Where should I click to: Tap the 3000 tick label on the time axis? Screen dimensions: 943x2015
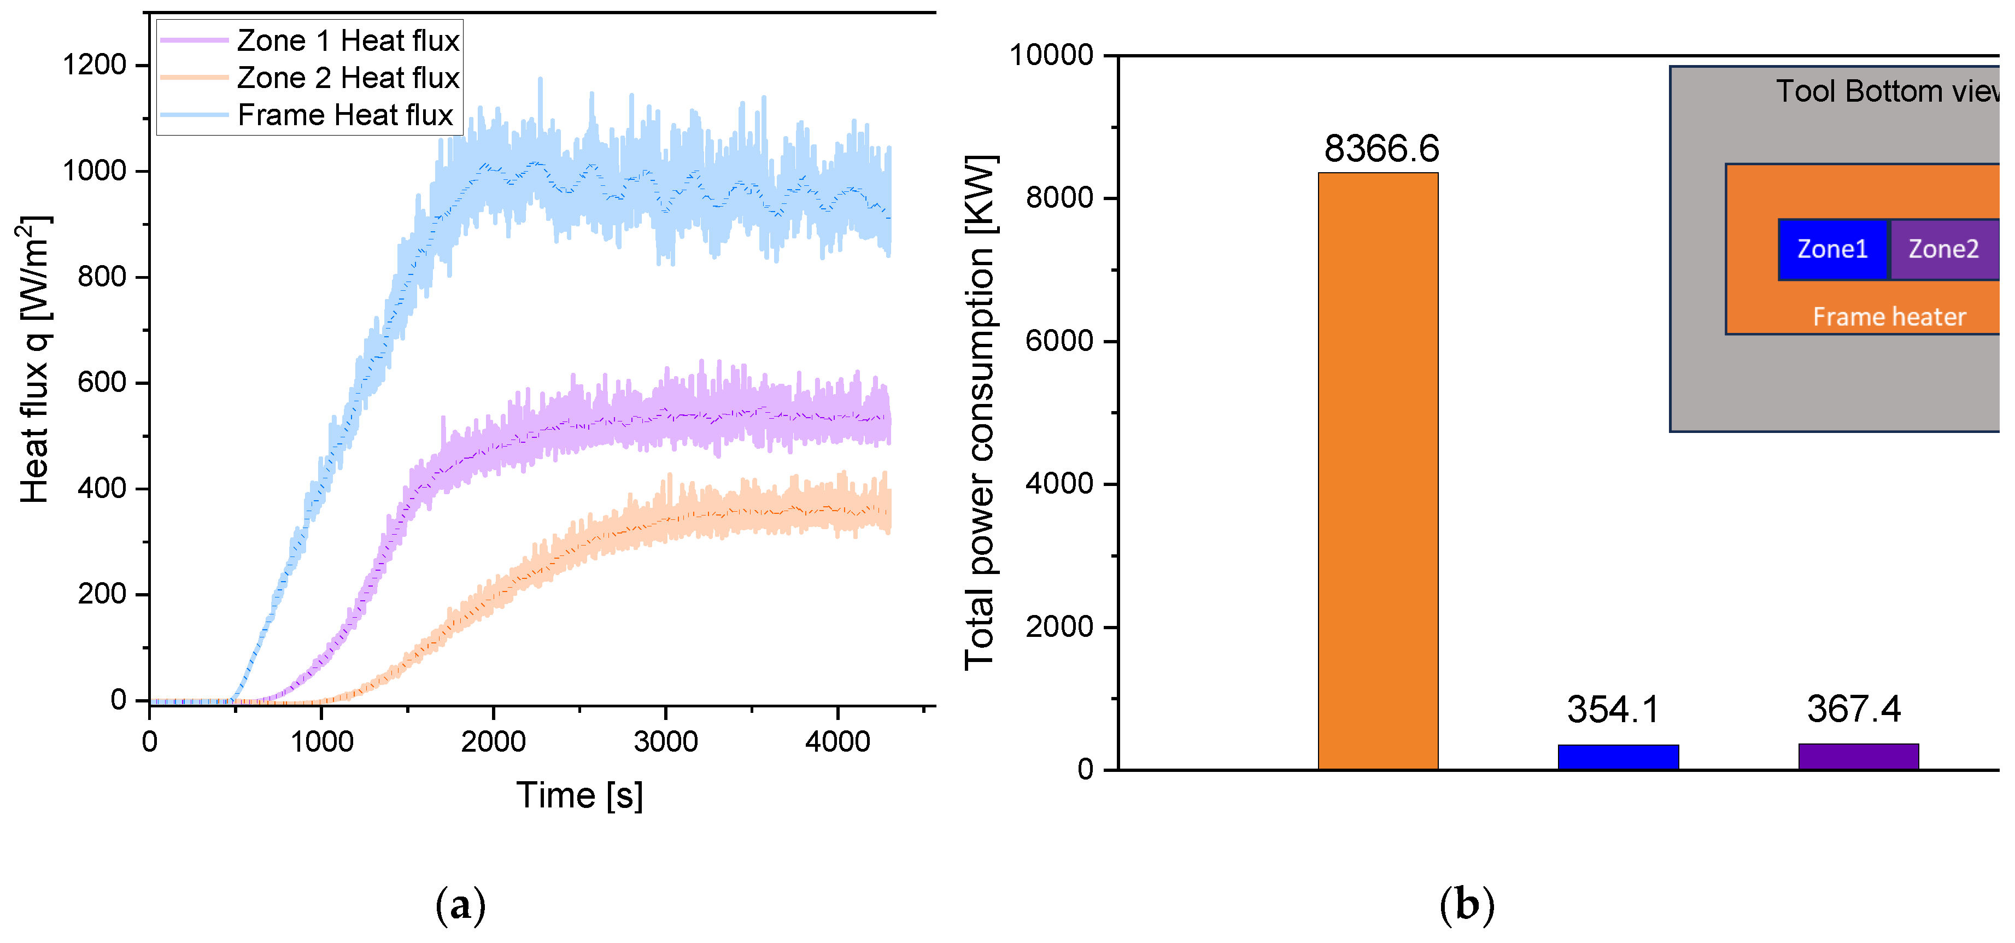point(666,741)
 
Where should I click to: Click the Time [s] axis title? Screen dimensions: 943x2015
point(579,795)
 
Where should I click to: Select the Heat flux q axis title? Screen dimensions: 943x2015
point(34,360)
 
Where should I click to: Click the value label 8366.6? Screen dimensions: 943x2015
point(1381,149)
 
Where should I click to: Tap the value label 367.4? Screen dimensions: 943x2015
point(1853,709)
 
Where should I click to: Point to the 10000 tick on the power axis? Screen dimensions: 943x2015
point(1051,55)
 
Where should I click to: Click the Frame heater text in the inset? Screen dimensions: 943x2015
point(1889,317)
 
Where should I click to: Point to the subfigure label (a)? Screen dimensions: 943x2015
point(460,905)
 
